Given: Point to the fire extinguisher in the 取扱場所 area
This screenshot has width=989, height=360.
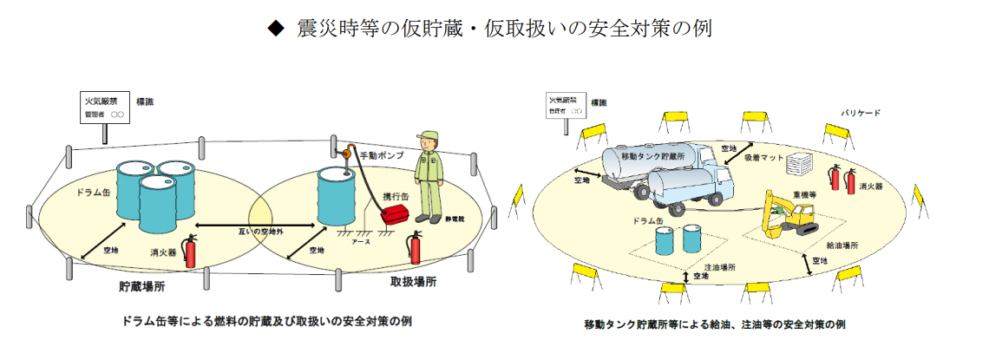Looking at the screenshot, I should click(x=415, y=247).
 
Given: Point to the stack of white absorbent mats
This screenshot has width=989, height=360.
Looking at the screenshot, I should click(x=802, y=166).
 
